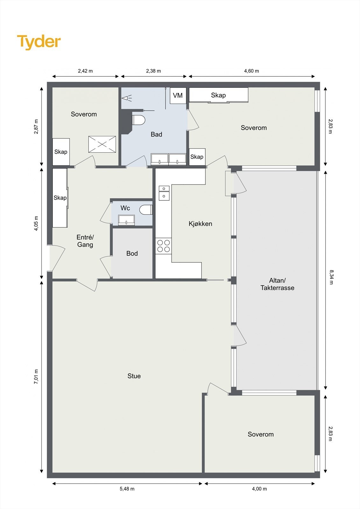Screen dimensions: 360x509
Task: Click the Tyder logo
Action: pos(39,42)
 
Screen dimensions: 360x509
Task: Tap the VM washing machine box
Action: pos(178,96)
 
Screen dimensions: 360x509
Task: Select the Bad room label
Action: pos(157,134)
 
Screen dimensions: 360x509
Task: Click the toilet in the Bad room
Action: pos(138,120)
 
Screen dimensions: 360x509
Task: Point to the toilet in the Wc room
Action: pos(146,210)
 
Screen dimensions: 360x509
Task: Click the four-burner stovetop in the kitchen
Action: pos(163,246)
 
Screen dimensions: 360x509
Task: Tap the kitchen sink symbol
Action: pos(164,193)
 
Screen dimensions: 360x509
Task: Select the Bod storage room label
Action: pos(132,253)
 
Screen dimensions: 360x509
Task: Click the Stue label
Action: pos(134,376)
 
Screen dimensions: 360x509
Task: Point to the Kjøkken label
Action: pos(200,224)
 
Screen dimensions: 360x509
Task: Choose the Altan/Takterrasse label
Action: pos(277,284)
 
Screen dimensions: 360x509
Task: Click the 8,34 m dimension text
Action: pos(331,277)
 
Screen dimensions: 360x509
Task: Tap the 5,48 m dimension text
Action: pos(127,489)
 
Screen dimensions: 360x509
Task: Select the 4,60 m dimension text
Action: pos(251,71)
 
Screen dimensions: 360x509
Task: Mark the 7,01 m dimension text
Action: pos(36,377)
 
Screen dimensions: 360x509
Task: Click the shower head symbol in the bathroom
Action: pos(126,98)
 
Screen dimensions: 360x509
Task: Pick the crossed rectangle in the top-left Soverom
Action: pos(102,144)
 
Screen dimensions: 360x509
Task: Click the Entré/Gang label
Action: pos(85,241)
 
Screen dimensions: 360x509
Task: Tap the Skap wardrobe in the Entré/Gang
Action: pos(60,198)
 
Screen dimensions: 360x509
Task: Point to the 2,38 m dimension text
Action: pos(153,71)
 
